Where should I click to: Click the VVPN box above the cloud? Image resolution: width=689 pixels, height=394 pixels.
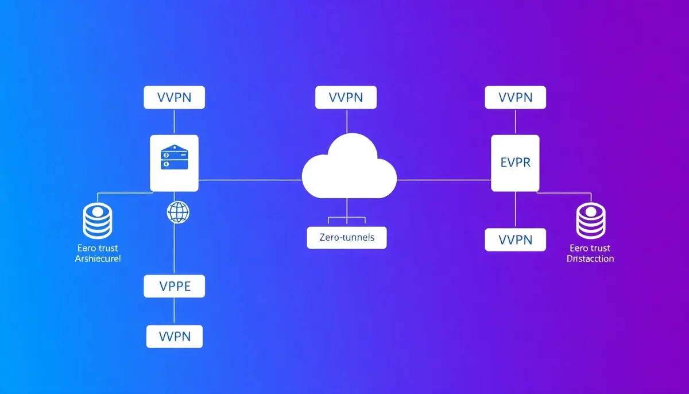[x=346, y=97]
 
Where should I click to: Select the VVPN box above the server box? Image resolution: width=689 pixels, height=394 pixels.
[x=174, y=97]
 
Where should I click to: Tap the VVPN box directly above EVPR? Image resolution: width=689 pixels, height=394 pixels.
[x=515, y=97]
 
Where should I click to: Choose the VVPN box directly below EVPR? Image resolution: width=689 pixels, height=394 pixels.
[x=515, y=240]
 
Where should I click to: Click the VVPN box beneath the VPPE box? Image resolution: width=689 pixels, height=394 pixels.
[x=175, y=336]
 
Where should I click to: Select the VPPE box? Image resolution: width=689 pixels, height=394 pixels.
[x=174, y=286]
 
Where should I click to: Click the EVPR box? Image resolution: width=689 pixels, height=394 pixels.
[x=515, y=163]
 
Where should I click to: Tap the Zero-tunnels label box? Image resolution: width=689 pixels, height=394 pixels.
[x=347, y=238]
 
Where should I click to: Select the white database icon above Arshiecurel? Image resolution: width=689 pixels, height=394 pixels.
[x=96, y=222]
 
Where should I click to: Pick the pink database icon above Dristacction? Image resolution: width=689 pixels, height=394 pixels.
[x=591, y=222]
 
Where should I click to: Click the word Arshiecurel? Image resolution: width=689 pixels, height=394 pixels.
[x=98, y=259]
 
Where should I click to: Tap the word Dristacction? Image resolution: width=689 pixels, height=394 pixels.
[x=590, y=259]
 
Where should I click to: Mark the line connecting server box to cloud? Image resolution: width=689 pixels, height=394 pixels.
[x=250, y=180]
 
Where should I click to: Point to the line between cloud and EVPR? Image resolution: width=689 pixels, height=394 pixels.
[x=443, y=180]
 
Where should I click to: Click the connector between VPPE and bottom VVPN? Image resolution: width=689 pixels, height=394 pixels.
[x=174, y=311]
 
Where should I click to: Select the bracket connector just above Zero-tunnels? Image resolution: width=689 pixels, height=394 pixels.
[x=346, y=219]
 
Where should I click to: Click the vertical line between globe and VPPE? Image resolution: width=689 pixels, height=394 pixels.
[x=174, y=250]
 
